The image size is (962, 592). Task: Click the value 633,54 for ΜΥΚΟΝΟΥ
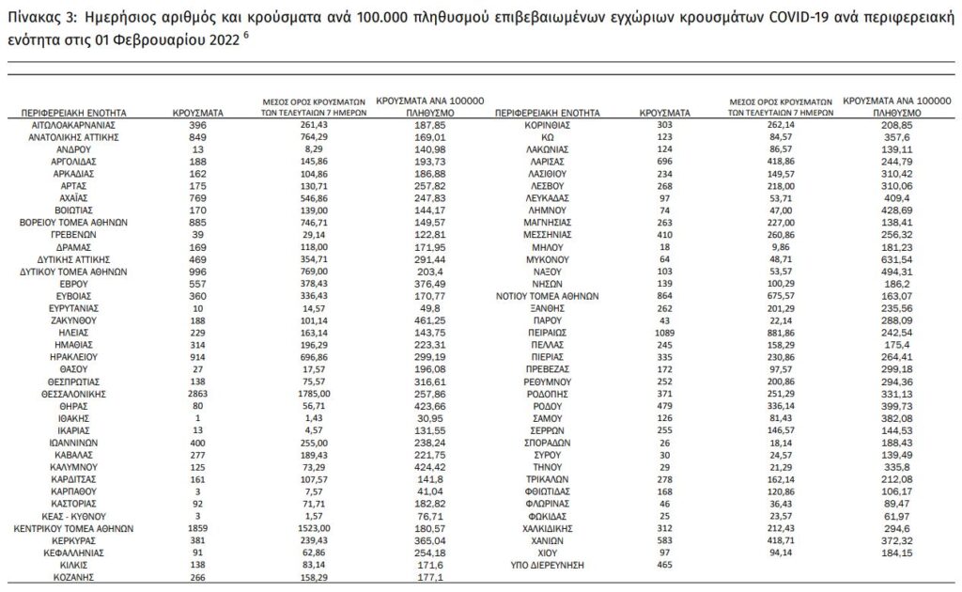(865, 257)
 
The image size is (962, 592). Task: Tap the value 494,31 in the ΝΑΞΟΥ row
(865, 271)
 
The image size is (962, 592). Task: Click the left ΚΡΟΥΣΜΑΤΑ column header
(197, 112)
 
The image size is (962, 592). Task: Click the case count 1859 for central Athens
(197, 528)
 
